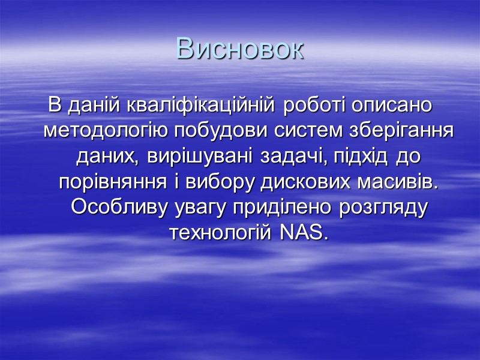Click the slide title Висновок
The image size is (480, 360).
point(240,49)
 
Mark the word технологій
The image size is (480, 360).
point(220,233)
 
